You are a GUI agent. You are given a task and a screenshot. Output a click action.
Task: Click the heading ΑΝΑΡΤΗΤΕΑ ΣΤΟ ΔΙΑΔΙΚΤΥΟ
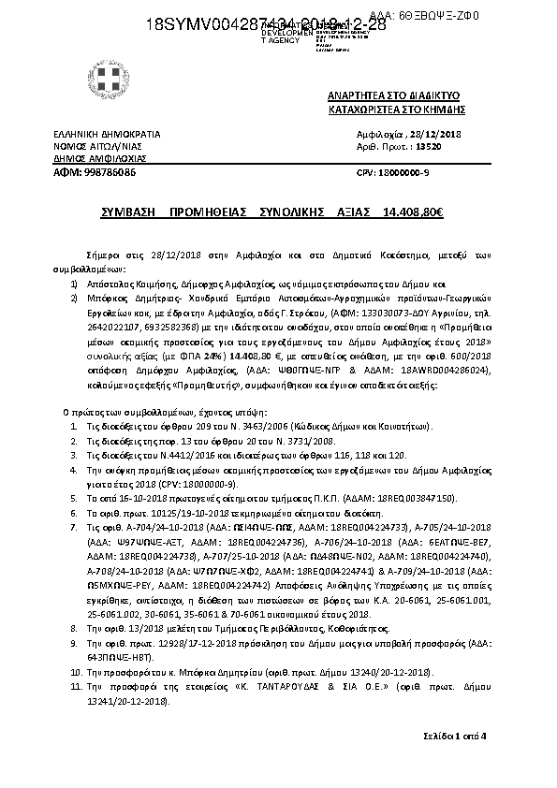393,96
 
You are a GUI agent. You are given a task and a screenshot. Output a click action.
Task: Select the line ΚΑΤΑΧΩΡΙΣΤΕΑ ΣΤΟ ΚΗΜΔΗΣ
396,109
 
